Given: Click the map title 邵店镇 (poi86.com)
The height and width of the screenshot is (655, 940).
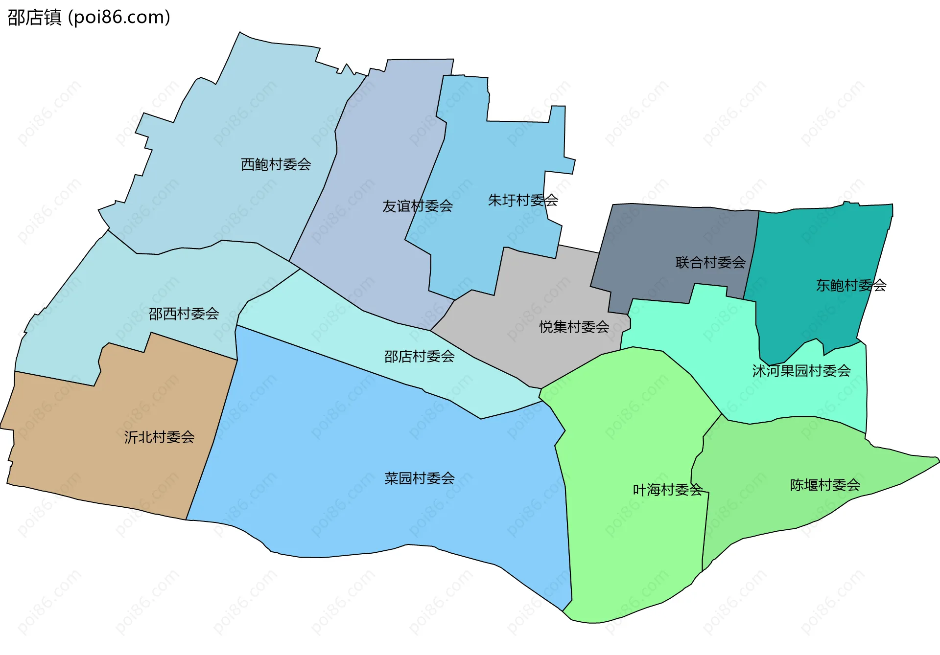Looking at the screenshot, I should coord(89,17).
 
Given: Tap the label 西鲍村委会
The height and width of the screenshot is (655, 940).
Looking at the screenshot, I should coord(276,164).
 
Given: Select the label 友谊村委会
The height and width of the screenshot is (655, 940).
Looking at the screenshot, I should coord(417,206).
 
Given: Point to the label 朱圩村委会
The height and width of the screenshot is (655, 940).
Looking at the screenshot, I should coord(523,200).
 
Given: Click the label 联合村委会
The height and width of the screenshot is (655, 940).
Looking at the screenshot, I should coord(710,263).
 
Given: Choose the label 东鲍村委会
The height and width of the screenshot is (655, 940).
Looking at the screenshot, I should coord(851,285).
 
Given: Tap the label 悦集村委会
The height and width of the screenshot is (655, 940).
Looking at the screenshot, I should coord(574,327).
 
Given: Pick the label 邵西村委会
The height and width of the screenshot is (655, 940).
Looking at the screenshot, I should coord(184,314).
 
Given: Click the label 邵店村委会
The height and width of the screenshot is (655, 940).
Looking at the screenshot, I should coord(419,357).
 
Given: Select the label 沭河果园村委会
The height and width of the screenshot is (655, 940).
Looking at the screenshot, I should coord(801,371).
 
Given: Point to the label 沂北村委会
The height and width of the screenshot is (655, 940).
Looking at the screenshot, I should coord(159,437).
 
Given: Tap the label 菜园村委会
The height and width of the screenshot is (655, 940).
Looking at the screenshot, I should coord(419,478).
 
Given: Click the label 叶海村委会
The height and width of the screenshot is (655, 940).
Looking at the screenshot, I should coord(667,490).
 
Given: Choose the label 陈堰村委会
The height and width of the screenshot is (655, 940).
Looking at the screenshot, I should coord(824,485).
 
